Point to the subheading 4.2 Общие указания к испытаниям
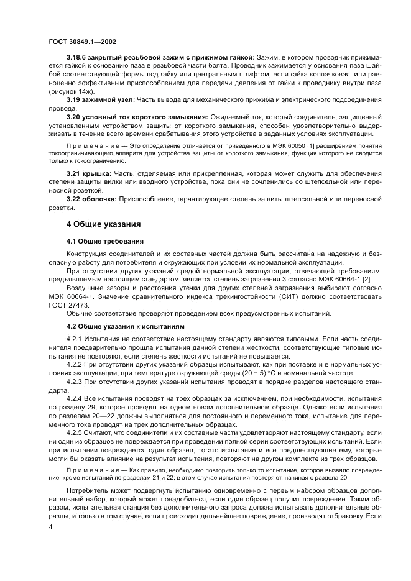(126, 326)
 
